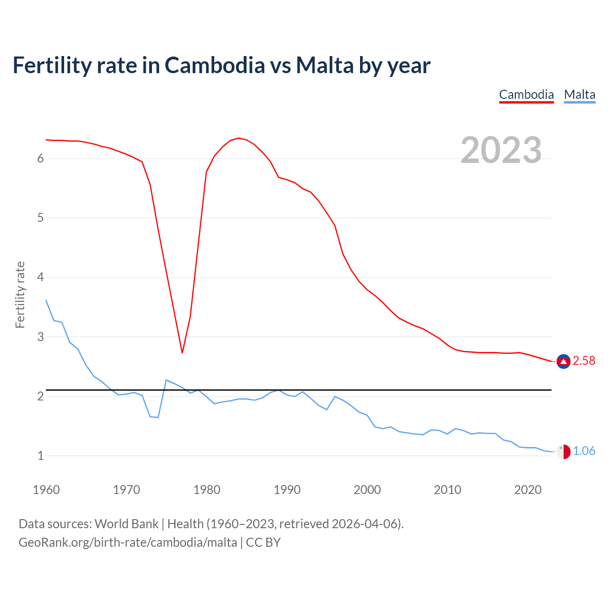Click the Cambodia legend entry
click(526, 95)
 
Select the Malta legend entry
click(579, 95)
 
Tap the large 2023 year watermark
click(501, 150)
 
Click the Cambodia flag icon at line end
click(563, 361)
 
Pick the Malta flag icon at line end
click(563, 452)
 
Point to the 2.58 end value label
click(584, 361)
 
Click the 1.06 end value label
click(584, 451)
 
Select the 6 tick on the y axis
click(40, 159)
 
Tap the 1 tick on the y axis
click(40, 456)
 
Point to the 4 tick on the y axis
click(40, 277)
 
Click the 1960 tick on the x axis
click(46, 490)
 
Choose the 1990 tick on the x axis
click(287, 490)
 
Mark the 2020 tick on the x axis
click(528, 490)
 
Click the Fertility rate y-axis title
click(20, 294)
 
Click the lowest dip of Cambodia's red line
click(182, 352)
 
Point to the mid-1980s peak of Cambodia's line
click(238, 138)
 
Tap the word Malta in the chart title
click(325, 65)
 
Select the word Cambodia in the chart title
click(215, 65)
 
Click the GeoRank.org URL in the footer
click(128, 542)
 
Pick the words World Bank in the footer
click(126, 524)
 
